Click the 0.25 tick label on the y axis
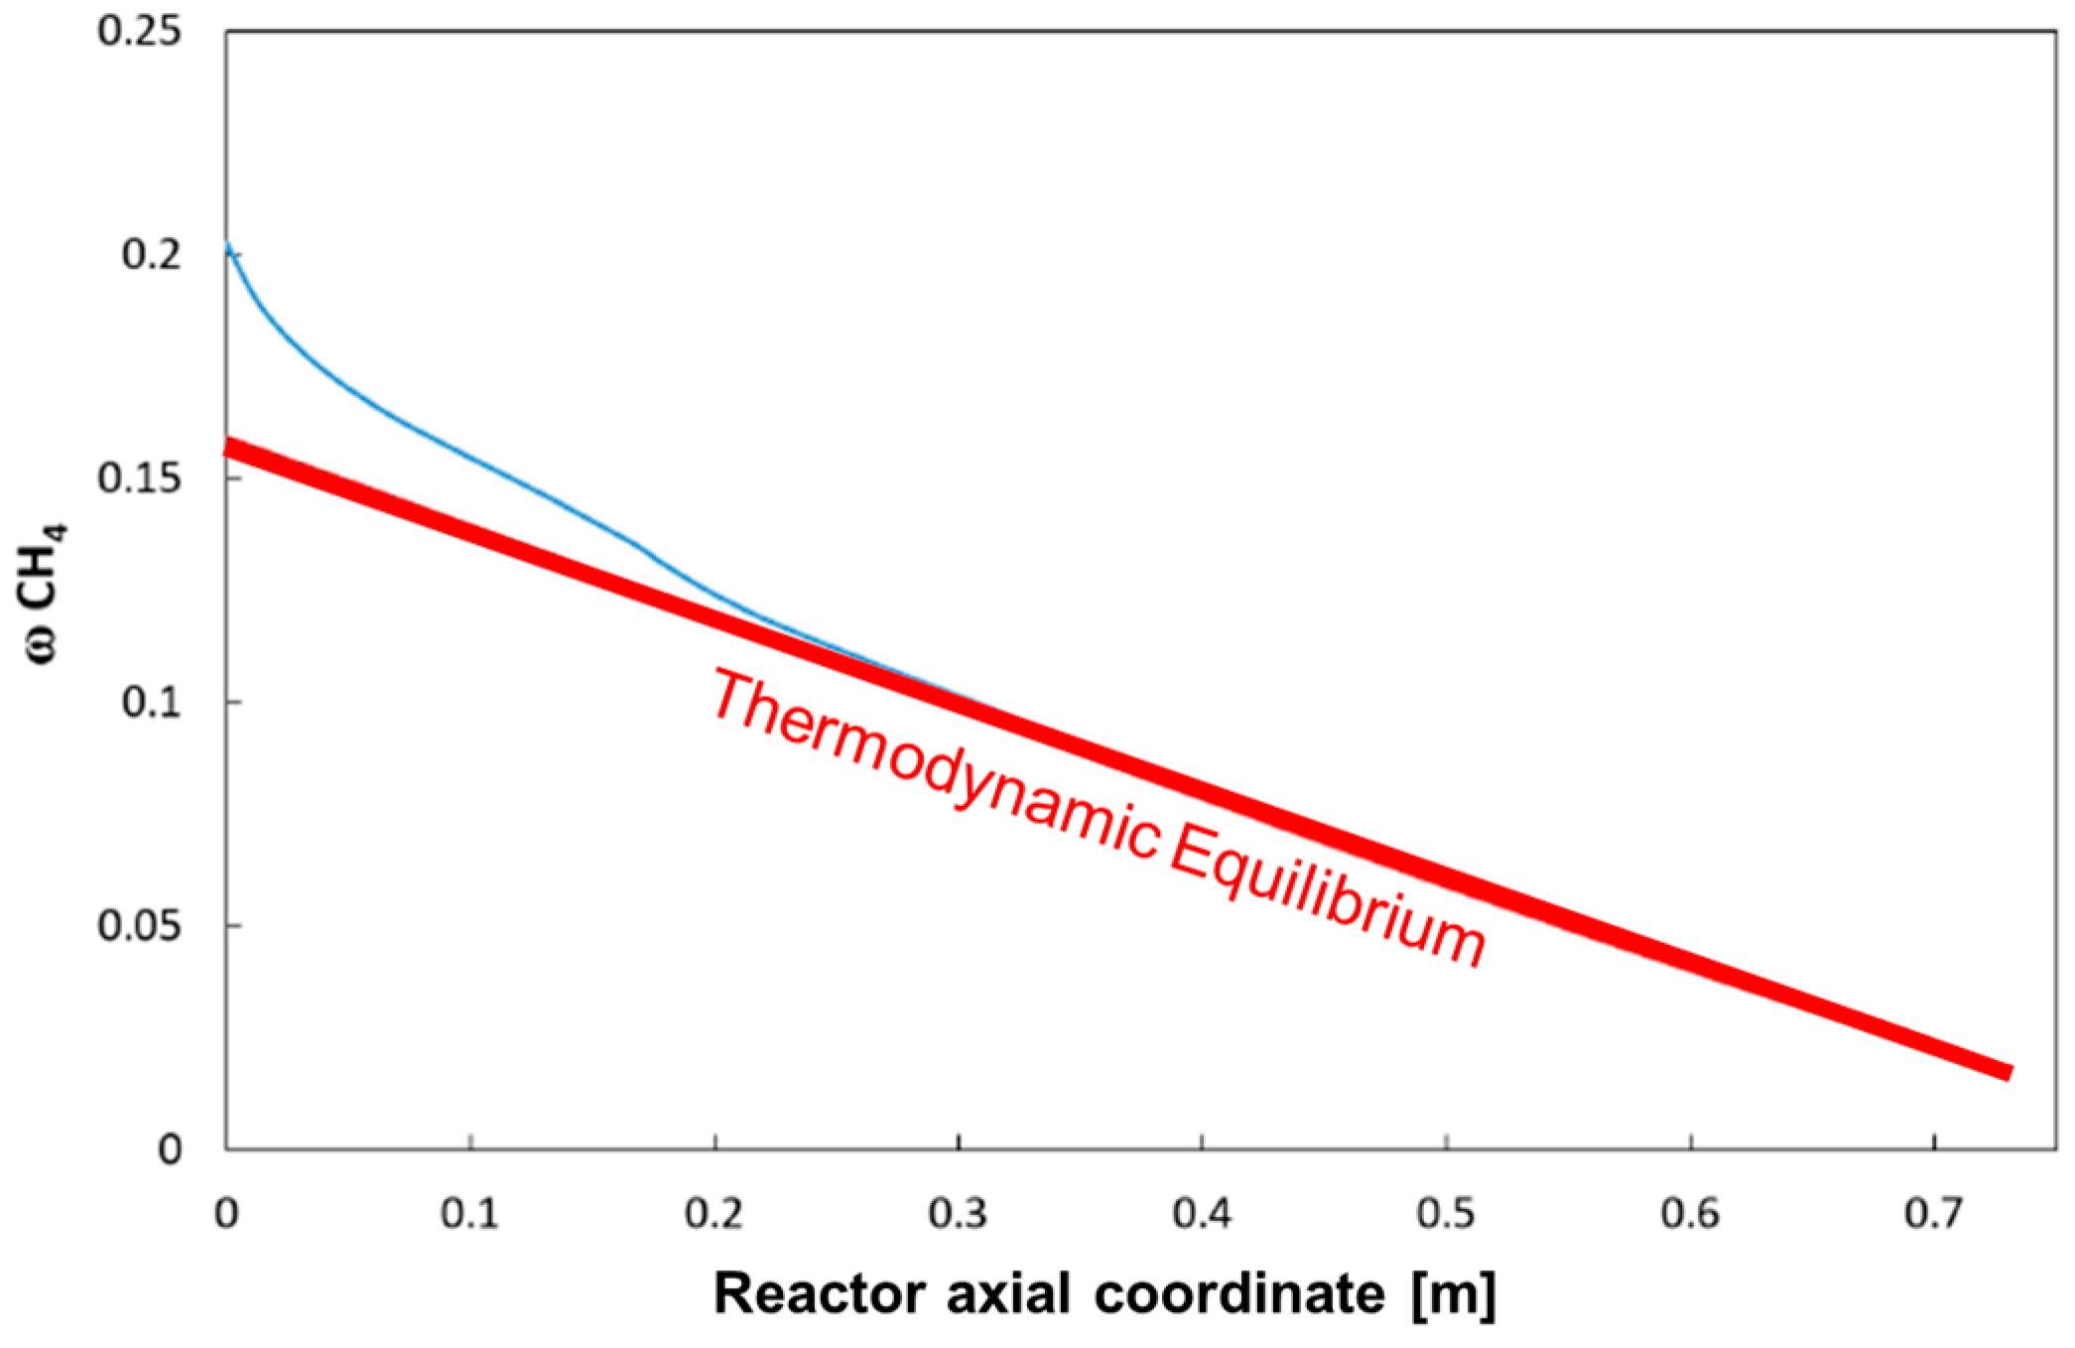click(x=140, y=32)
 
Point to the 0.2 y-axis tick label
click(x=152, y=255)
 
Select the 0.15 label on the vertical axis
click(x=140, y=478)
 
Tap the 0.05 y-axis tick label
click(x=140, y=926)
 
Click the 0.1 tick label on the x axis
click(x=470, y=1213)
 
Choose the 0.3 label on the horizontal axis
click(x=959, y=1213)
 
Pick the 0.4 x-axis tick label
click(x=1203, y=1213)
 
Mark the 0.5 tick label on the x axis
click(x=1447, y=1213)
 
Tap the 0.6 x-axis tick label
click(x=1691, y=1213)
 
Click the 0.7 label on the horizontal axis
click(x=1934, y=1213)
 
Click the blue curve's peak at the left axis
click(x=229, y=244)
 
